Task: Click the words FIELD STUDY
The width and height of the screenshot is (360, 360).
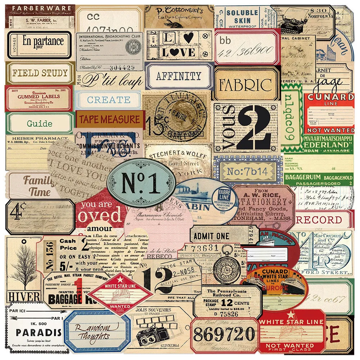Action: [x=40, y=73]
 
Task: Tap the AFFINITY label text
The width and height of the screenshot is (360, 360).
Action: [x=179, y=76]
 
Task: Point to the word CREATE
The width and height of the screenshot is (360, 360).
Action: [x=109, y=100]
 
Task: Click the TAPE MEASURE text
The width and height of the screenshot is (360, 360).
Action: [x=109, y=119]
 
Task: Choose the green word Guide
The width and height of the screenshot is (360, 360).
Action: [x=40, y=124]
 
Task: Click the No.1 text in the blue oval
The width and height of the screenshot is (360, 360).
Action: [x=141, y=183]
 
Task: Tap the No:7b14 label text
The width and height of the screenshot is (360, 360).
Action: [x=247, y=171]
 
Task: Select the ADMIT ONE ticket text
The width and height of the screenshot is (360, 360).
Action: [x=211, y=236]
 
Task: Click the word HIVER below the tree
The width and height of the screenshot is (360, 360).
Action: [x=24, y=297]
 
